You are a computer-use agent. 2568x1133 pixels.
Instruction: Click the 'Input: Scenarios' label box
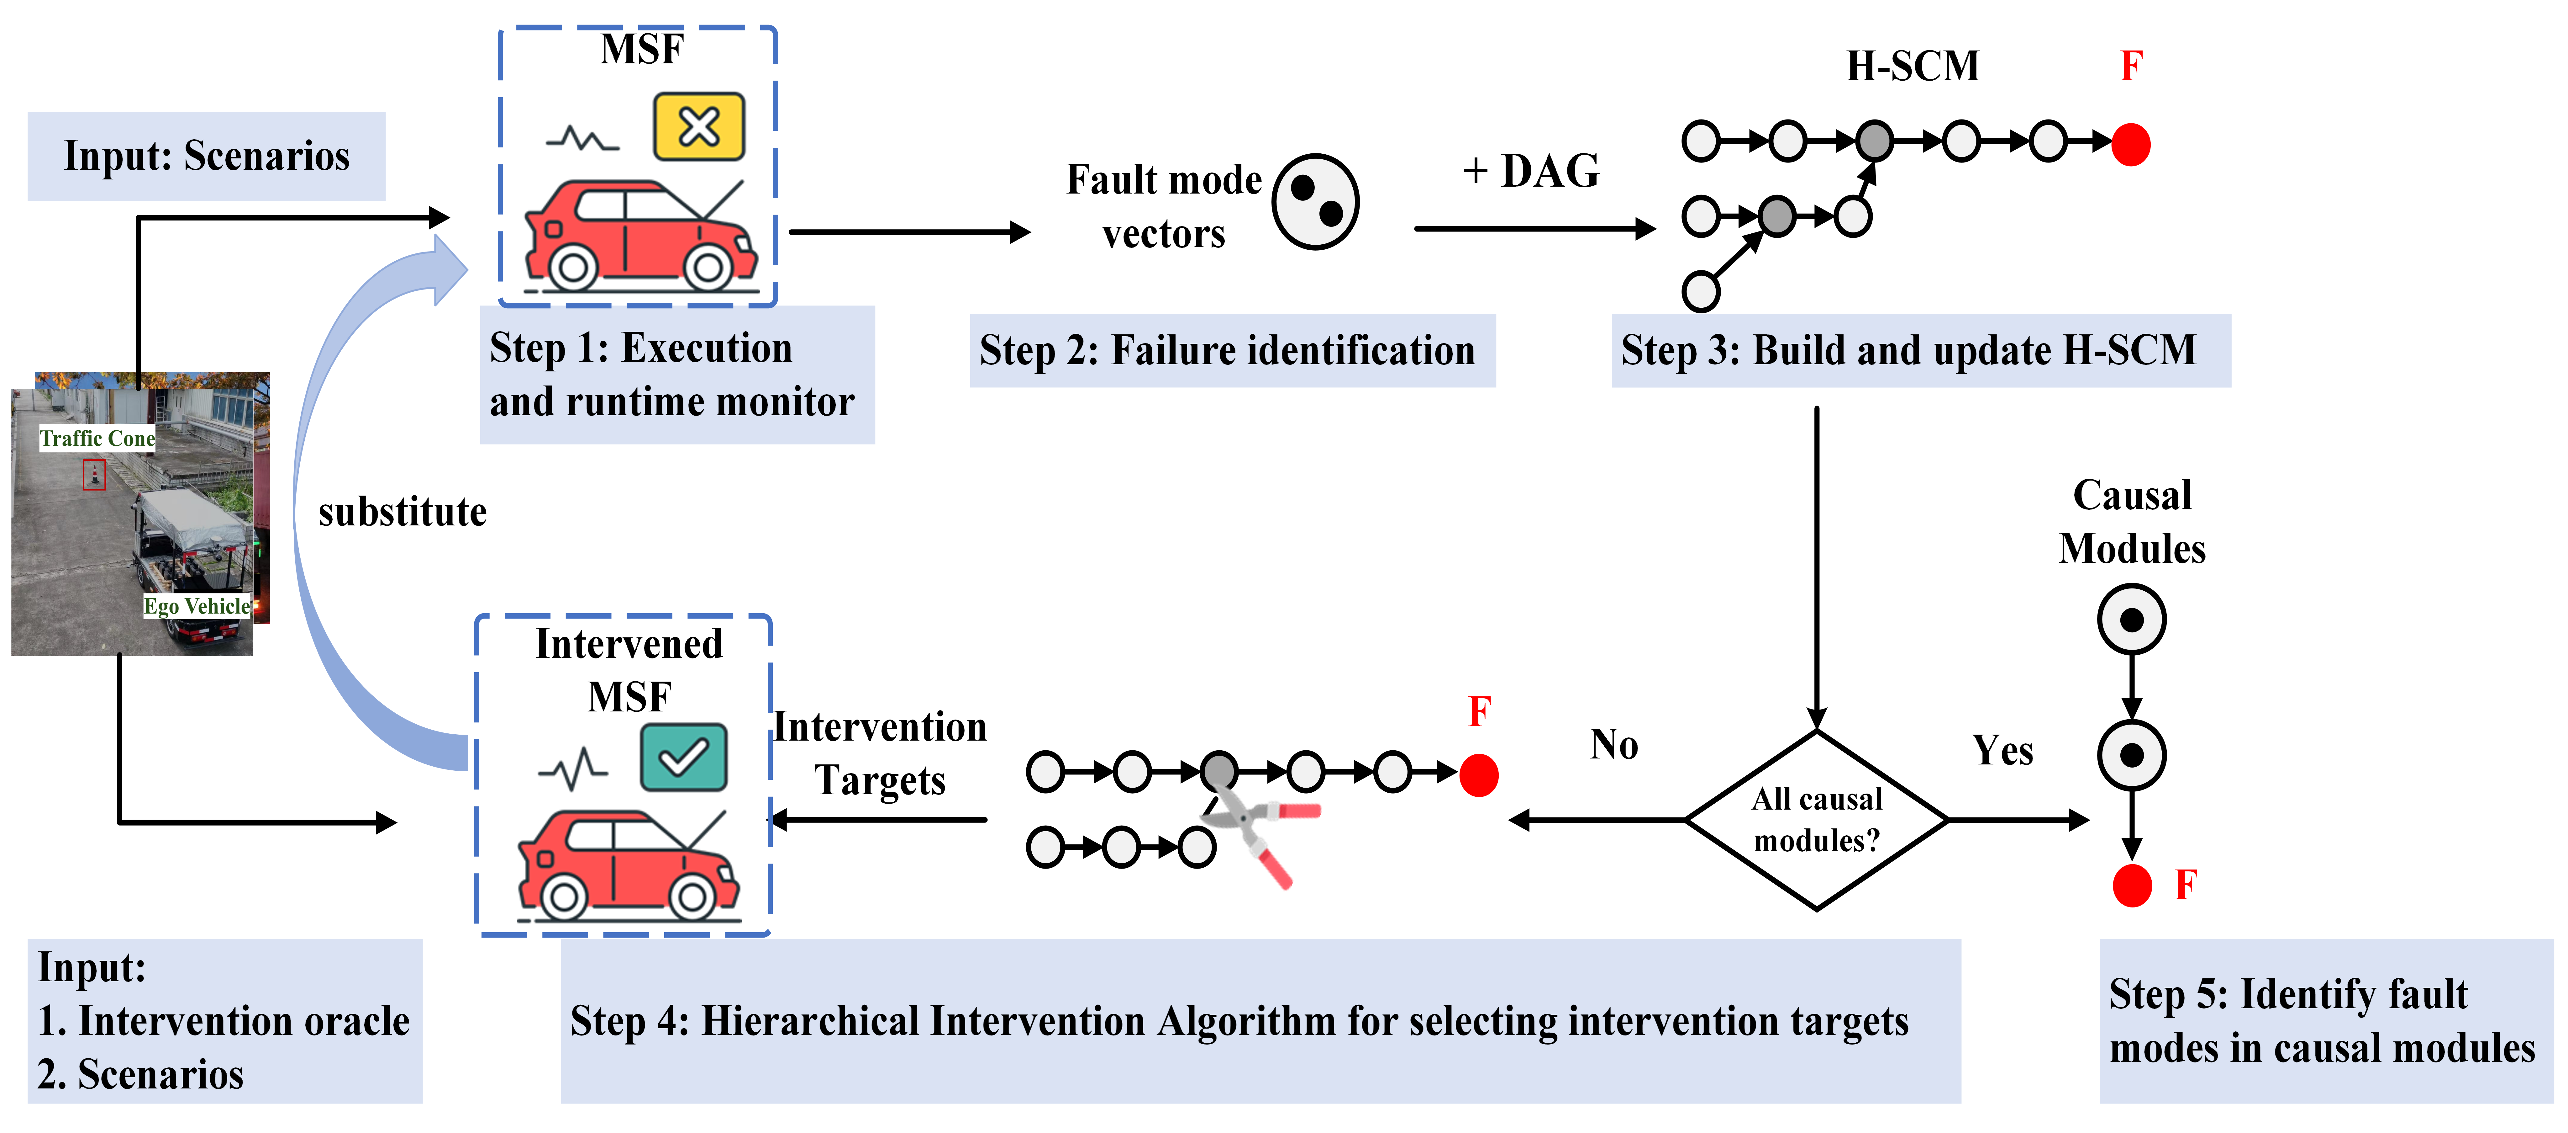point(206,157)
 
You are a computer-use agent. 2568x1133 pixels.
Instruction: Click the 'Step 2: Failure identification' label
point(1232,351)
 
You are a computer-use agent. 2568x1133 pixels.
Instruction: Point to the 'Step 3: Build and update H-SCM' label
point(1920,351)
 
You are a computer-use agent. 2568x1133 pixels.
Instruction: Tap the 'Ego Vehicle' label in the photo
point(196,606)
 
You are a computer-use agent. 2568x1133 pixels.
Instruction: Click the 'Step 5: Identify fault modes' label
point(2326,1021)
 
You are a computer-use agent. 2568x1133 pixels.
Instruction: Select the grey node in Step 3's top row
point(1874,141)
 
